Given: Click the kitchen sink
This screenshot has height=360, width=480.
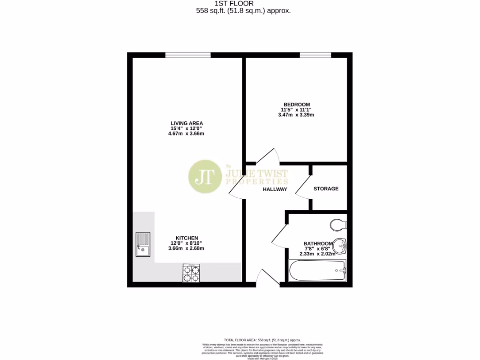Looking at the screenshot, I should tap(142, 245).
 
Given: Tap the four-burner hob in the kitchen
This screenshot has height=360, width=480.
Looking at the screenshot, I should tap(191, 273).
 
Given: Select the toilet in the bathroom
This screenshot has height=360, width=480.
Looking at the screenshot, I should tap(337, 225).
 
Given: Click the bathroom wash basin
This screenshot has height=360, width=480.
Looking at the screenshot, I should tap(341, 245).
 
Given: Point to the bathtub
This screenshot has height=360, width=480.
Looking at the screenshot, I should tap(316, 270).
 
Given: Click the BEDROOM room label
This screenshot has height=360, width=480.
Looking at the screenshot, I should tap(296, 104).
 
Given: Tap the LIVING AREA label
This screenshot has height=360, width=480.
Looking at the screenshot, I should tap(187, 123).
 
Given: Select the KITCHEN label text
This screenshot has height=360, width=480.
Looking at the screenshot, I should tap(187, 238).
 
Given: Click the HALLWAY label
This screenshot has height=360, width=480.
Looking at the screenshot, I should tap(274, 189).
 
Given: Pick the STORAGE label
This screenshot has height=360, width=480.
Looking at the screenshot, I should tap(326, 189).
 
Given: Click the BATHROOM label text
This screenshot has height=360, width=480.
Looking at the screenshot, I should tap(318, 243).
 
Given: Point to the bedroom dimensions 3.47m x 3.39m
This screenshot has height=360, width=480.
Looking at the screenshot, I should tap(296, 115).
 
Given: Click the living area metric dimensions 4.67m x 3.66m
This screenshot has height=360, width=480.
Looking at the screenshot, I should tap(187, 134).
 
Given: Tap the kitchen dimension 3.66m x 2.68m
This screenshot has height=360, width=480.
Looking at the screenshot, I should tap(187, 248).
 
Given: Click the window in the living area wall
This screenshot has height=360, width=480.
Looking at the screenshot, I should tap(187, 55).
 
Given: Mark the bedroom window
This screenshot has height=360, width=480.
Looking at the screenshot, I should tap(315, 55).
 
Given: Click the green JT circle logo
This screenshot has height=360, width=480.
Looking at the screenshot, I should tap(205, 177).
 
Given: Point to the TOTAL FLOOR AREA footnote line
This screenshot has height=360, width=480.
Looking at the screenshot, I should tap(262, 339).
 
